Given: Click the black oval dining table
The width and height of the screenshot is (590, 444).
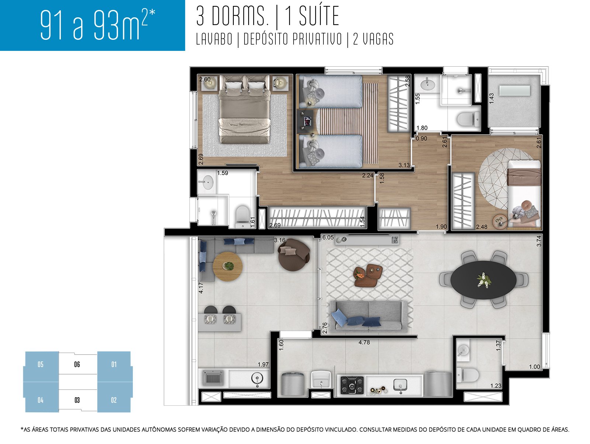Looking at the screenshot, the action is pyautogui.click(x=483, y=280).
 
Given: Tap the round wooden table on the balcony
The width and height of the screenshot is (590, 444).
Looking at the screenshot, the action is pyautogui.click(x=228, y=266).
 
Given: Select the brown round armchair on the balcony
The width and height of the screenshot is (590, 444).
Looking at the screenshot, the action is pyautogui.click(x=294, y=254).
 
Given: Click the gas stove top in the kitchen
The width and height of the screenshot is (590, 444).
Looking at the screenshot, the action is pyautogui.click(x=352, y=385).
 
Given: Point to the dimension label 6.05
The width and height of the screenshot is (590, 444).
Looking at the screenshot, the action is pyautogui.click(x=328, y=237).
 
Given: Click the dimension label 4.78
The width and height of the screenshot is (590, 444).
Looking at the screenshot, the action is pyautogui.click(x=364, y=342).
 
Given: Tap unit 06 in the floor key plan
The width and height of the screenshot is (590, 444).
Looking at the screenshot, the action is pyautogui.click(x=77, y=364).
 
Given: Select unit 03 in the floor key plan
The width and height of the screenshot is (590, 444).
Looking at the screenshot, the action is pyautogui.click(x=77, y=400).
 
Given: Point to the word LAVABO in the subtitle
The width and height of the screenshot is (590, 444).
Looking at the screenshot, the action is pyautogui.click(x=214, y=39).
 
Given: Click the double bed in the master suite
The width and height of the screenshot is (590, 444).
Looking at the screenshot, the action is pyautogui.click(x=244, y=109).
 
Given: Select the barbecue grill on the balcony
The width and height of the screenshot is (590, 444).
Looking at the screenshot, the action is pyautogui.click(x=213, y=378).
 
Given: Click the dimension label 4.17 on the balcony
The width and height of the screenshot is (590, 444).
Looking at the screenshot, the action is pyautogui.click(x=201, y=288).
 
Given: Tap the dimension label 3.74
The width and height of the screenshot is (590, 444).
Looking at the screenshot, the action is pyautogui.click(x=539, y=241).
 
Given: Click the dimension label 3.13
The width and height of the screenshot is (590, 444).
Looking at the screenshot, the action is pyautogui.click(x=404, y=165).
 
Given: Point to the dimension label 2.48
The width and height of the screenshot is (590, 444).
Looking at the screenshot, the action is pyautogui.click(x=482, y=227).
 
